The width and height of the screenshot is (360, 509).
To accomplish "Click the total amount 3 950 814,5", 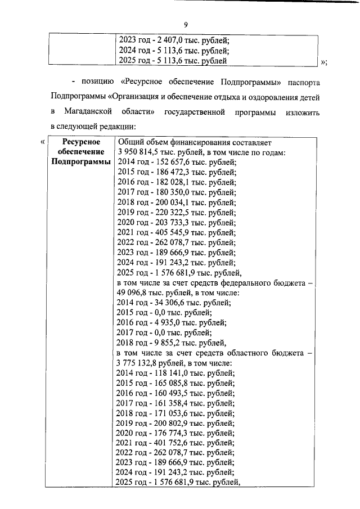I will point(141,152).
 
